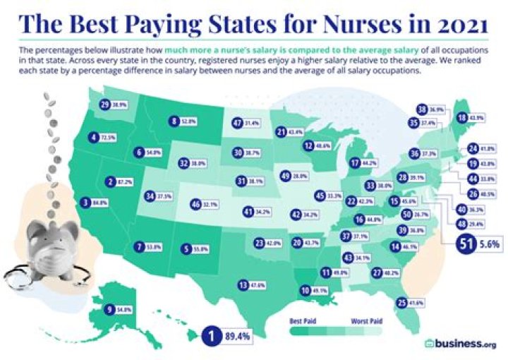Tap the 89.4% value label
(x=236, y=337)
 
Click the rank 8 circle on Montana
(x=174, y=121)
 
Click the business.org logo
(x=459, y=343)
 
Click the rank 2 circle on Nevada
(x=111, y=181)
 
